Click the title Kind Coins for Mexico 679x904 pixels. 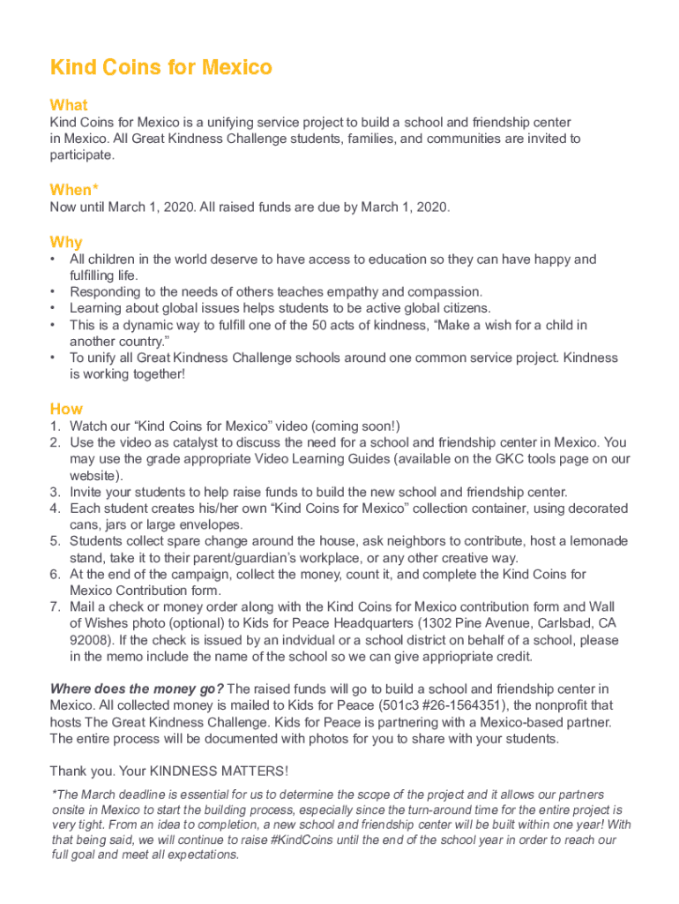tap(161, 67)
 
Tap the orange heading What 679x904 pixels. tap(69, 105)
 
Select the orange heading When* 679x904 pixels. tap(74, 190)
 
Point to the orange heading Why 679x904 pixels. tap(66, 242)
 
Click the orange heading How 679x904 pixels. tap(66, 409)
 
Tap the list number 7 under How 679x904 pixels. tap(55, 607)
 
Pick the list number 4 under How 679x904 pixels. tap(55, 508)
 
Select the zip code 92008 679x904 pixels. tap(91, 640)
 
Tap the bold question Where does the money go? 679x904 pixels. tap(138, 689)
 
